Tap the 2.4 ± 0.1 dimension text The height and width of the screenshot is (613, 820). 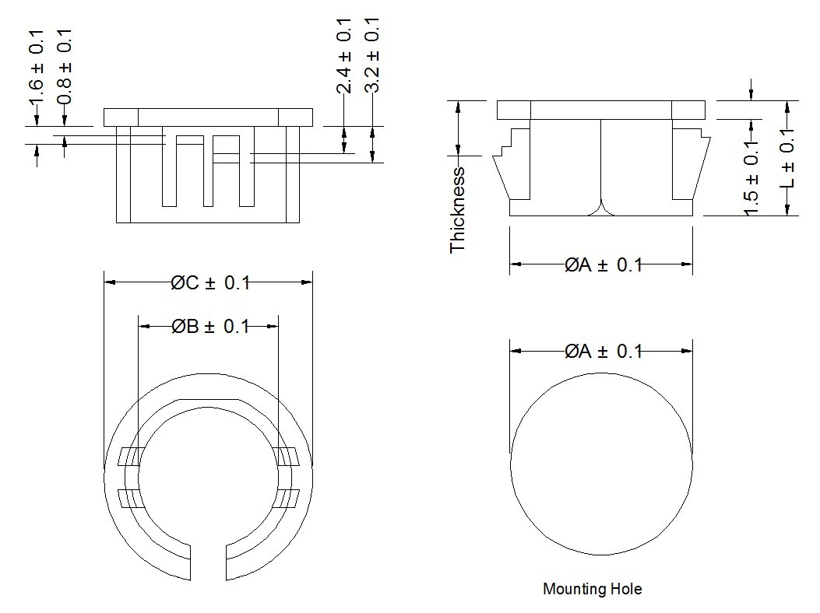(x=344, y=57)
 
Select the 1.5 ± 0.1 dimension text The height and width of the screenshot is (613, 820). (x=751, y=180)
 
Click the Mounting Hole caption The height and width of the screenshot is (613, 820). (x=593, y=589)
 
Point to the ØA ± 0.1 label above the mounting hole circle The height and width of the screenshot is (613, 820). (x=604, y=352)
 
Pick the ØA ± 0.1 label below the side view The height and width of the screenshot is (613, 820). (x=604, y=265)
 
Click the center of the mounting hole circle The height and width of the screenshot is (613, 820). (x=601, y=464)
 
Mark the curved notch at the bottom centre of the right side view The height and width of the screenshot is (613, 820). (x=601, y=208)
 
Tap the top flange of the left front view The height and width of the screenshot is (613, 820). (x=209, y=117)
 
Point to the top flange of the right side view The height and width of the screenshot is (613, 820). (x=601, y=110)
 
